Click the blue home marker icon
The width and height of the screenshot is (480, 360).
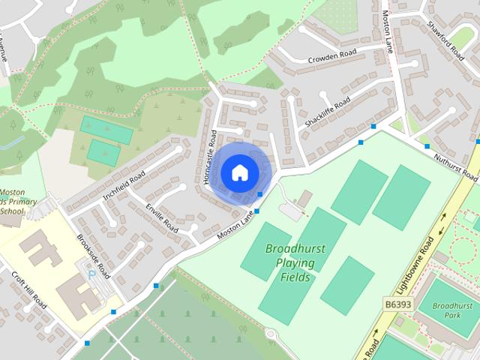tap(239, 172)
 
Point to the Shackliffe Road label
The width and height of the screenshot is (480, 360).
tap(328, 112)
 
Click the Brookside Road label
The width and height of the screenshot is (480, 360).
tap(93, 255)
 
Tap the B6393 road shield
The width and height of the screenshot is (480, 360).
tap(397, 304)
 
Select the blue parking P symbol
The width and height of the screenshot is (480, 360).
tap(92, 275)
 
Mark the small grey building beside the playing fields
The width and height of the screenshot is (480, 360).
tap(304, 199)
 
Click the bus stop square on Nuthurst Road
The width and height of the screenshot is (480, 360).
tap(427, 146)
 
